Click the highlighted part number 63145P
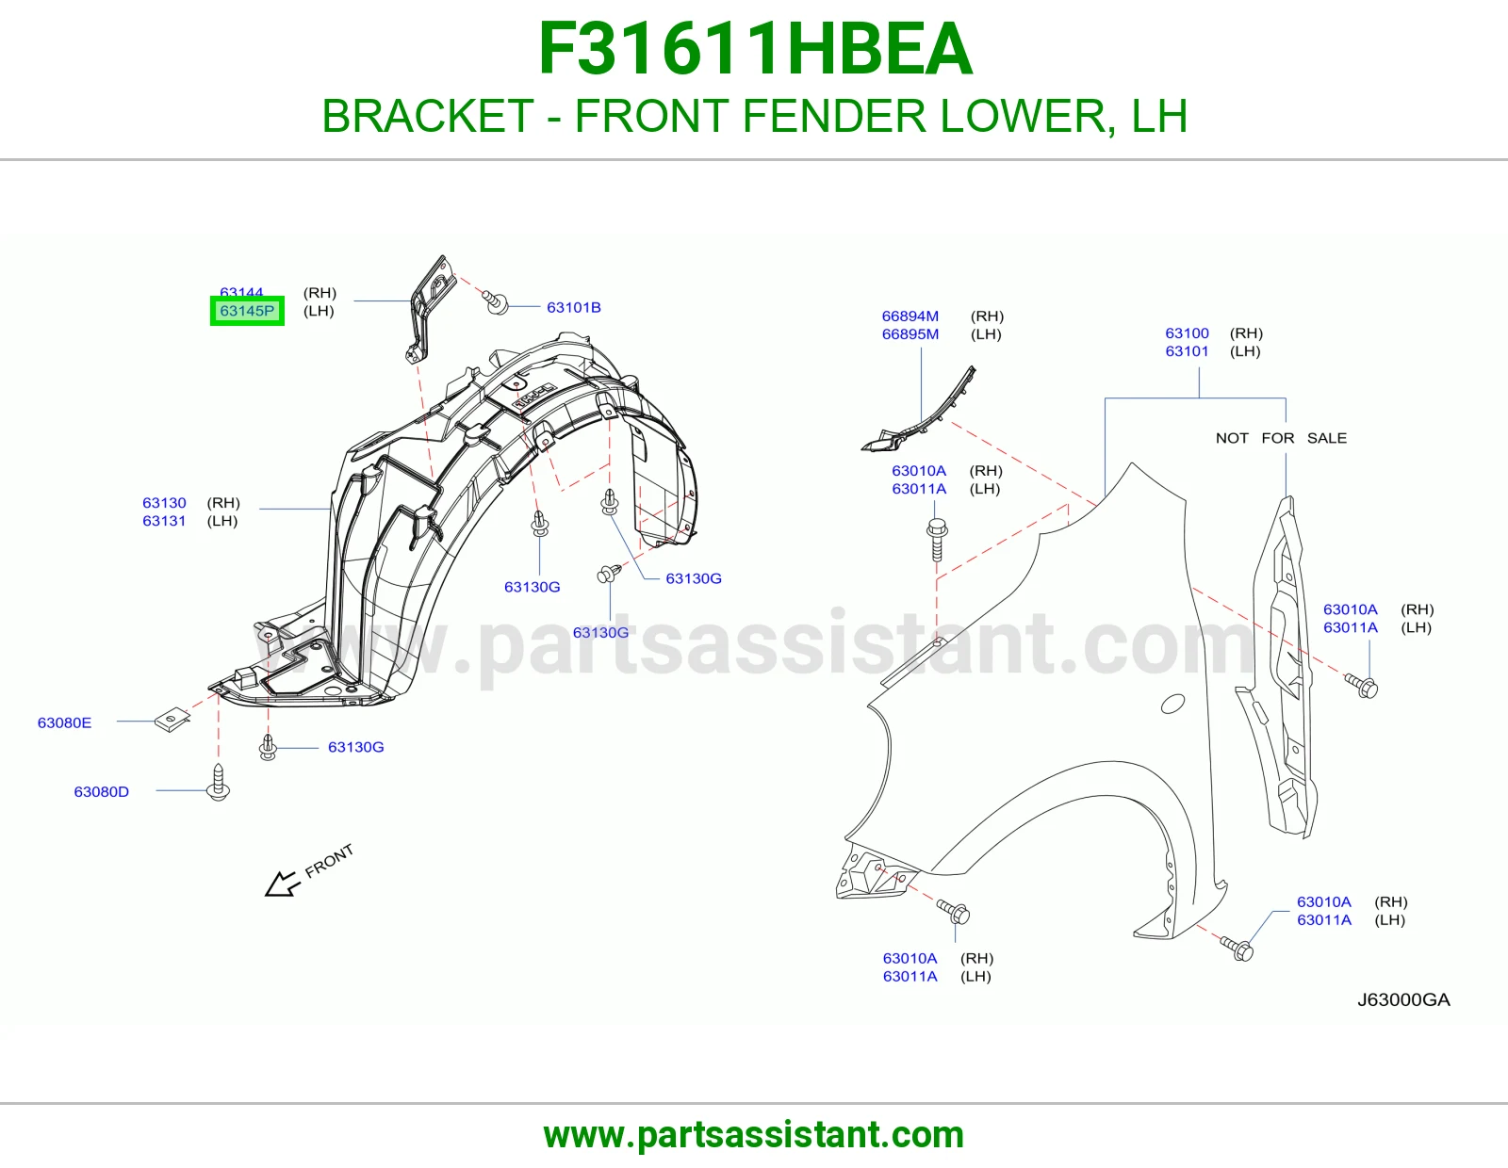coord(247,311)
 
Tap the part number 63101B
coord(573,307)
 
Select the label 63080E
coord(64,722)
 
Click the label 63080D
coord(102,791)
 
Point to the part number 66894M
coord(910,316)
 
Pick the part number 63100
coord(1187,333)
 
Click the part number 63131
coord(165,521)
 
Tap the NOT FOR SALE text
coord(1281,438)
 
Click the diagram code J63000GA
coord(1403,999)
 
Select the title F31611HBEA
coord(755,49)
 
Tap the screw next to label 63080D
coord(219,783)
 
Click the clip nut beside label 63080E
coord(172,720)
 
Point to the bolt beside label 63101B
coord(496,301)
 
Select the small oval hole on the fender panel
coord(1172,704)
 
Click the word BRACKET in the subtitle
coord(428,116)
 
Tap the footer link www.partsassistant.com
coord(754,1135)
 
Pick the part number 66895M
coord(910,334)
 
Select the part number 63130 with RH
coord(165,503)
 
